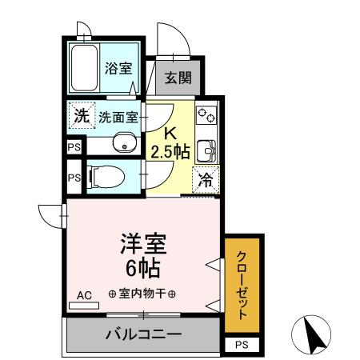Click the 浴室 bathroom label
119,69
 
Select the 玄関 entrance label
178,78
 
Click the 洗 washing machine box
81,116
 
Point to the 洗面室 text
118,117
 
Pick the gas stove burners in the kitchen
206,115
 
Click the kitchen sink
207,150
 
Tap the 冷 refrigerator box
206,181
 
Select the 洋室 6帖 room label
137,253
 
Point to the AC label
84,295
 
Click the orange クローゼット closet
242,284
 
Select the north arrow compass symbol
313,334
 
